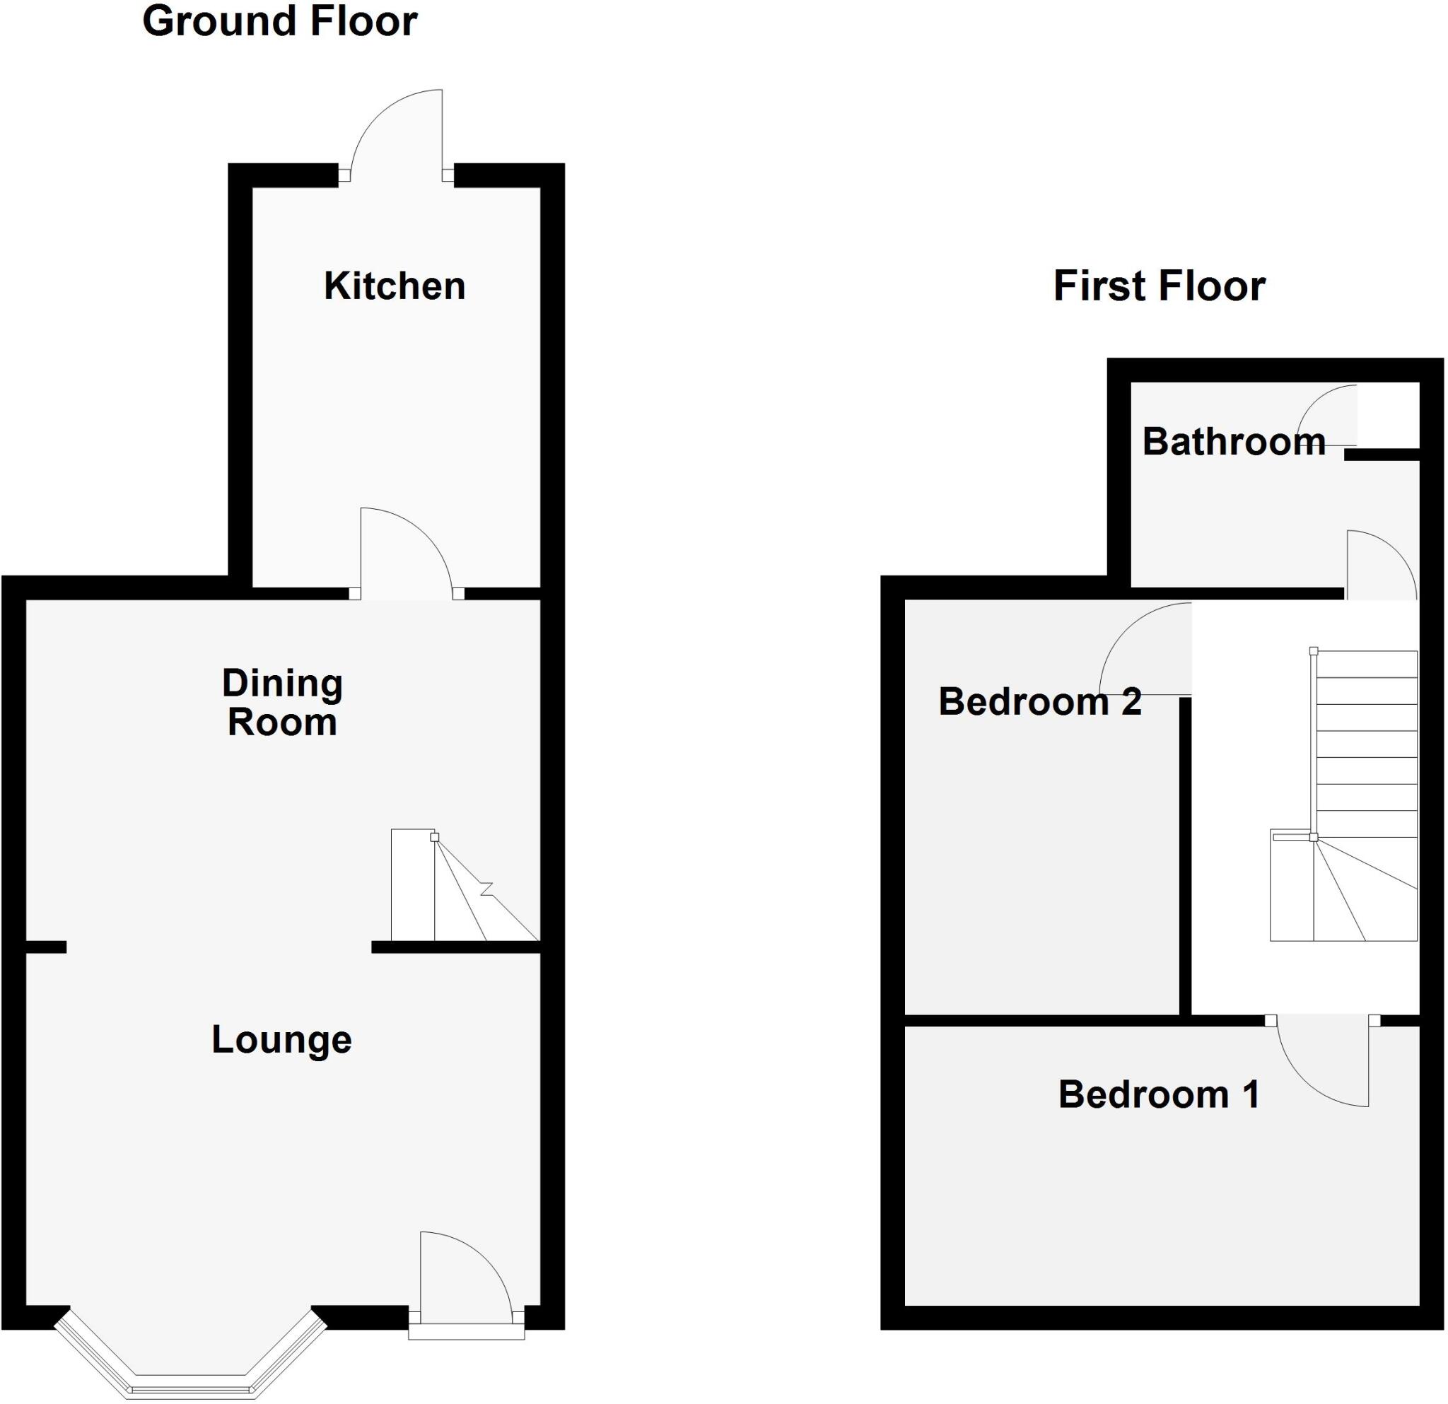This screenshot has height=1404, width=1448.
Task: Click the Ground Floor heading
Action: (x=279, y=21)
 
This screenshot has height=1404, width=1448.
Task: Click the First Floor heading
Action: (x=1158, y=286)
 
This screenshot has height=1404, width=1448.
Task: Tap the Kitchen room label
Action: (x=395, y=286)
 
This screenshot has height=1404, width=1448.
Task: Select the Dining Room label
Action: (x=282, y=703)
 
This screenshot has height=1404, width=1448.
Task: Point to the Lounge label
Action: (x=281, y=1040)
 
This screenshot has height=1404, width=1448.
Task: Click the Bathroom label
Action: (x=1233, y=442)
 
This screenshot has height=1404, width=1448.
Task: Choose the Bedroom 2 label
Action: (x=1039, y=701)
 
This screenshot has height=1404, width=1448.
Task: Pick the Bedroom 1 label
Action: (x=1158, y=1094)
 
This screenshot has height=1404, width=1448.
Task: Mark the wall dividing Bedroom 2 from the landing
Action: (x=1185, y=857)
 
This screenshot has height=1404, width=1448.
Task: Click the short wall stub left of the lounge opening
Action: (x=46, y=947)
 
